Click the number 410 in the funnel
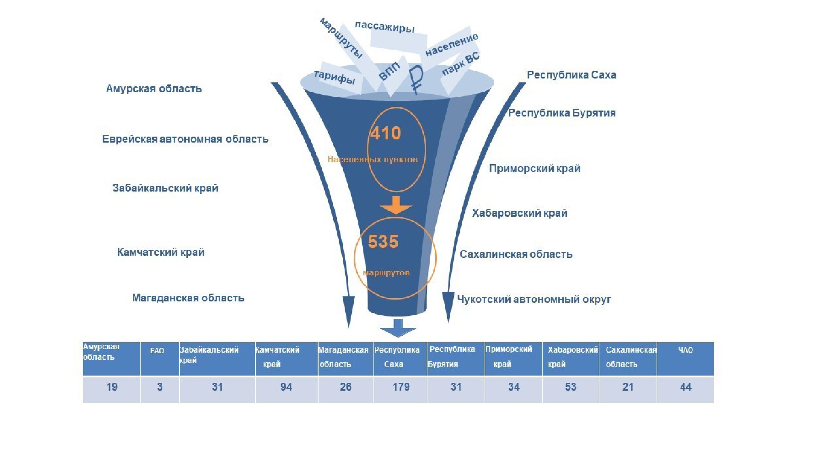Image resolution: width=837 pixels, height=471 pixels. (386, 133)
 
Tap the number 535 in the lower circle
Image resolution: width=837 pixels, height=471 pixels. (383, 241)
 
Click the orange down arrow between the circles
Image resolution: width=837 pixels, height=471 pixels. (396, 205)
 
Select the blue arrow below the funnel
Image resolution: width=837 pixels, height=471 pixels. (398, 329)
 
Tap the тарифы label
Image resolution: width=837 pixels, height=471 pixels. (335, 77)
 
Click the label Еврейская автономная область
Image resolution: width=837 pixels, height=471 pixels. (185, 139)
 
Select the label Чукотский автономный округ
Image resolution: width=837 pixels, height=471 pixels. (534, 299)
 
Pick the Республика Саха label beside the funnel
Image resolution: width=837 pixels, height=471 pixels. (571, 75)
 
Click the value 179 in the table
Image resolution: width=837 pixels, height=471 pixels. (401, 387)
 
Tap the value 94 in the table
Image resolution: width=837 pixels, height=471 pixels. (286, 387)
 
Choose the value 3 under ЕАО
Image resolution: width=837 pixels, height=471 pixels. (159, 387)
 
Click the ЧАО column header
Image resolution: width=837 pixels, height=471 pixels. (686, 350)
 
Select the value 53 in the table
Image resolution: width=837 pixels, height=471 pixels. (570, 387)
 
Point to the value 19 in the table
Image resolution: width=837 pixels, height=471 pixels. (112, 387)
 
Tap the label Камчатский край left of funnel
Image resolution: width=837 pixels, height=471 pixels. (160, 252)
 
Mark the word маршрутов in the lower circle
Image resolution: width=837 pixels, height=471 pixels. (386, 272)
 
